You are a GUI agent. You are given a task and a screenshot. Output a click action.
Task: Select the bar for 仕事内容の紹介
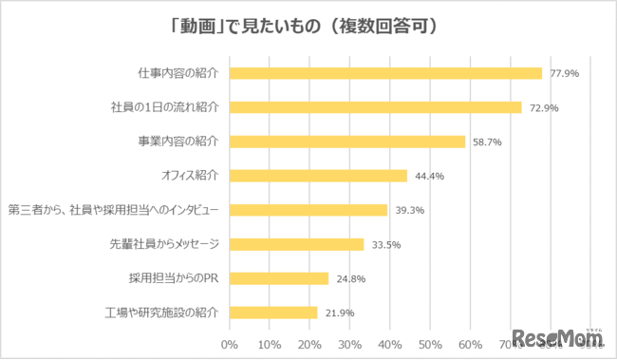(385, 73)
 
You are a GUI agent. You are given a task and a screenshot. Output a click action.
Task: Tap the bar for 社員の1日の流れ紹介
(375, 107)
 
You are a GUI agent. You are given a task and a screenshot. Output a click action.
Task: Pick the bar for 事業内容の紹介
(346, 142)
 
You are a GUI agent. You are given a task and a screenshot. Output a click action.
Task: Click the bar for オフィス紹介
(318, 176)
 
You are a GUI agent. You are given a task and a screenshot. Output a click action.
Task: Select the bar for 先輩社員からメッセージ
(296, 244)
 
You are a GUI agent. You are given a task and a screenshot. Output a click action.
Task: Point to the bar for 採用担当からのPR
(278, 278)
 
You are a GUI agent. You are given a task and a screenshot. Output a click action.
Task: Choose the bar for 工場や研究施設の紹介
(272, 313)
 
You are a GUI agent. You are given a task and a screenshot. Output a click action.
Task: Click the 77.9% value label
(565, 73)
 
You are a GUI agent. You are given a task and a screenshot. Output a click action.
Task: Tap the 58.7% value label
(487, 142)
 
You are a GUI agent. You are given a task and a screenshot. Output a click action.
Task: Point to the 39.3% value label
(409, 210)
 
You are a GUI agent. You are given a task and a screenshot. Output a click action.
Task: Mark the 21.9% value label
(339, 313)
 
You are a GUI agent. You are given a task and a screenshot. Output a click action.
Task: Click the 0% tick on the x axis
(229, 343)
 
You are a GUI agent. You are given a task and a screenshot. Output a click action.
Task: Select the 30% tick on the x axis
(350, 343)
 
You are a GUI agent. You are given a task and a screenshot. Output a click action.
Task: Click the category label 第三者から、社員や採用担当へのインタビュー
(114, 210)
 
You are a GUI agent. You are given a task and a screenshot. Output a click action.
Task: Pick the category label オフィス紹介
(191, 176)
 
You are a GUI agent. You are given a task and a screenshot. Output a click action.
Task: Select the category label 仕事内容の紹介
(178, 73)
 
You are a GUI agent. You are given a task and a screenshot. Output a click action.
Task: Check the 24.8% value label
(350, 278)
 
